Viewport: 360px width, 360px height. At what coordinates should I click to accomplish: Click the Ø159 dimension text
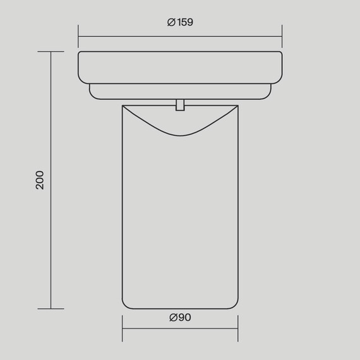tap(180, 22)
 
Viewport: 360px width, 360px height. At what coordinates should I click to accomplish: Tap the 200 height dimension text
tap(39, 181)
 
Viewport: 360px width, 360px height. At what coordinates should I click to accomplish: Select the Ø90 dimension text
tap(180, 318)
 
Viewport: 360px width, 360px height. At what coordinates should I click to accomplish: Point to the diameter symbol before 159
tap(171, 22)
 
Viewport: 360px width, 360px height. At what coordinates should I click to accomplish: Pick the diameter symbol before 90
tap(173, 318)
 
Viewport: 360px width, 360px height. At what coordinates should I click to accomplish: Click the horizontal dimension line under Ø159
tap(180, 36)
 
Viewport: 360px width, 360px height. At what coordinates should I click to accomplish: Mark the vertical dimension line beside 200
tap(51, 181)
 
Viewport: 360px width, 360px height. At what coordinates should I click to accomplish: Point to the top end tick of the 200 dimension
tap(51, 52)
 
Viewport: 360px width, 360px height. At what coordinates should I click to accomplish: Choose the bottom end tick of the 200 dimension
tap(51, 309)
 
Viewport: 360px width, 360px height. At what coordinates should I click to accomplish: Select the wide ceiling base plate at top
tap(180, 67)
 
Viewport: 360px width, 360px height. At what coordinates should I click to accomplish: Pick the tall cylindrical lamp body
tap(180, 221)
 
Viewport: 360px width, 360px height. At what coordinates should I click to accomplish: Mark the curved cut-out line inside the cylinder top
tap(180, 134)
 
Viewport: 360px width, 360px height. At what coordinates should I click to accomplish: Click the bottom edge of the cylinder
tap(180, 309)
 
